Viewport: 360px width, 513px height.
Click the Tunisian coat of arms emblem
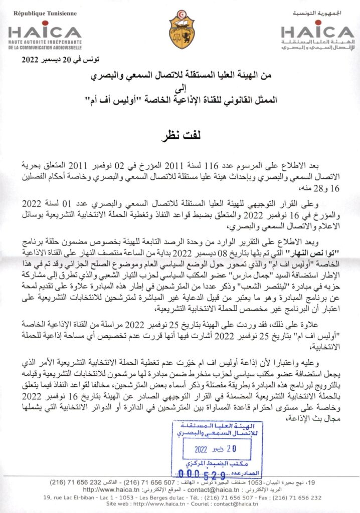[x=182, y=29]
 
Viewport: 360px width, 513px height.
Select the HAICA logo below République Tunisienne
[x=45, y=31]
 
